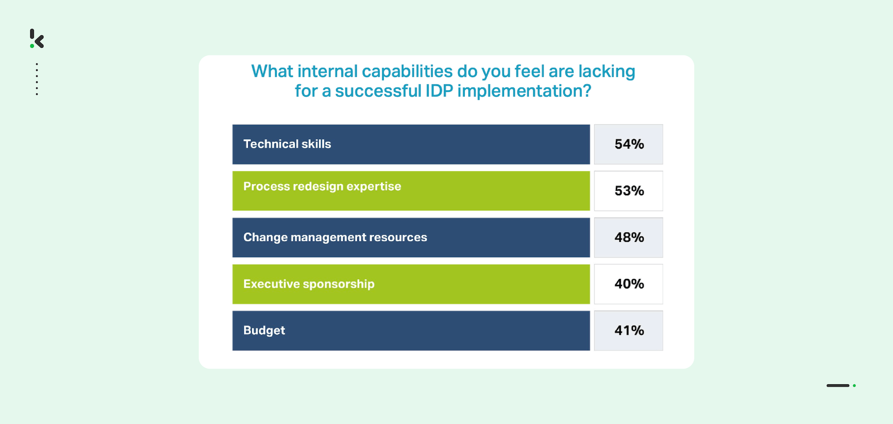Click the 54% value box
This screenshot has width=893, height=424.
tap(628, 144)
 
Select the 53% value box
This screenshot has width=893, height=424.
tap(628, 191)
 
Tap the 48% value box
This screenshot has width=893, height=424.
tap(628, 237)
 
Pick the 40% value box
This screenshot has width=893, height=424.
tap(628, 284)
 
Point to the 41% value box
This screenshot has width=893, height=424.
tap(628, 331)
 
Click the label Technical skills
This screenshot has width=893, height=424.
tap(287, 144)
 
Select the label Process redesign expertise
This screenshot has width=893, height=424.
tap(322, 187)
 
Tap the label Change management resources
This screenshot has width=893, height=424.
tap(335, 237)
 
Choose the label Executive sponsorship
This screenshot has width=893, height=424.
tap(309, 284)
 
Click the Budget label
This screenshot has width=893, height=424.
tap(264, 331)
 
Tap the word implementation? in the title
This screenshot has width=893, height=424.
tap(524, 91)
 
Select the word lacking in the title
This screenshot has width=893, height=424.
tap(607, 72)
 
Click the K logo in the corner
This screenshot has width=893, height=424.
tap(37, 38)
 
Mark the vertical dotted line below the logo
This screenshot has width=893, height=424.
tap(37, 79)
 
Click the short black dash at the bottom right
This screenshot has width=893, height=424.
tap(838, 386)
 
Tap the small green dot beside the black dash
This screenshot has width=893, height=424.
tap(854, 386)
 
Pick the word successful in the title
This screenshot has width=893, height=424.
tap(378, 91)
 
